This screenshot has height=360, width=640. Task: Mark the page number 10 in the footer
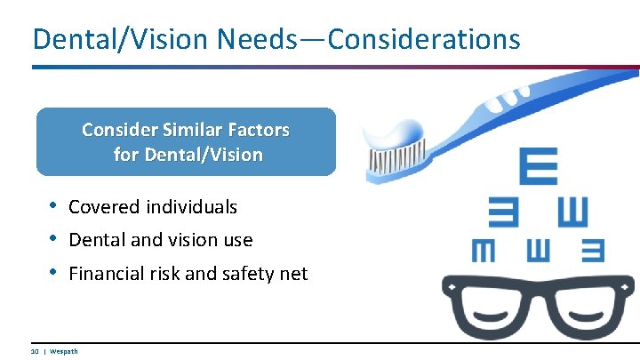pos(35,352)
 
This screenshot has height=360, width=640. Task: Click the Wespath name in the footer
pos(64,352)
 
